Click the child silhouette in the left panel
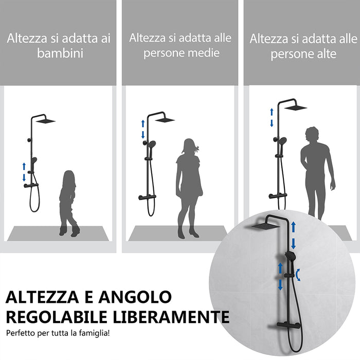point(68,203)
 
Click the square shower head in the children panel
point(45,121)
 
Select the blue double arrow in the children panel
point(24,172)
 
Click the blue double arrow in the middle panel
point(143,129)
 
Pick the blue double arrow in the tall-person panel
point(272,117)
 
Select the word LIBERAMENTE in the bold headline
point(179,316)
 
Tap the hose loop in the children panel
point(34,198)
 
